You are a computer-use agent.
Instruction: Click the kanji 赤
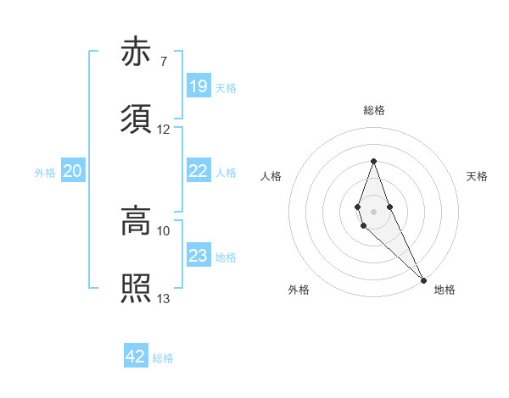pos(136,53)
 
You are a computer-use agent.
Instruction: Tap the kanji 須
pos(136,119)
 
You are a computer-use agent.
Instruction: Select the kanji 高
pos(136,222)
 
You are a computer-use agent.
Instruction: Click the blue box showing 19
pos(198,86)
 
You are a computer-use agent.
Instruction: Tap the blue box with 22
pos(198,171)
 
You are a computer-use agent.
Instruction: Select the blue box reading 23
pos(198,257)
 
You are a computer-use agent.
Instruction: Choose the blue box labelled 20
pos(72,172)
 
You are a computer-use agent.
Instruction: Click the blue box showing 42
pos(135,357)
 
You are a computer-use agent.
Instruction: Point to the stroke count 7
pos(163,61)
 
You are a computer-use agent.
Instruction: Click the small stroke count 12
pos(164,129)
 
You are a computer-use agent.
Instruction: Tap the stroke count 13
pos(164,298)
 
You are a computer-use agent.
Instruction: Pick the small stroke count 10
pos(164,230)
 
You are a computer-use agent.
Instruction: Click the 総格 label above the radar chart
pos(374,111)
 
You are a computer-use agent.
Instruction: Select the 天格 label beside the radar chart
pos(478,176)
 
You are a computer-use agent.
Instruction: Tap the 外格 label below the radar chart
pos(299,290)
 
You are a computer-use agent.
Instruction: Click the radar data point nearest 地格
pos(423,279)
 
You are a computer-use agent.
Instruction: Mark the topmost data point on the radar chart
pos(373,161)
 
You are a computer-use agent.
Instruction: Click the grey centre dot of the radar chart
pos(373,211)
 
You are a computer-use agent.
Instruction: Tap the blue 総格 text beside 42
pos(163,358)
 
